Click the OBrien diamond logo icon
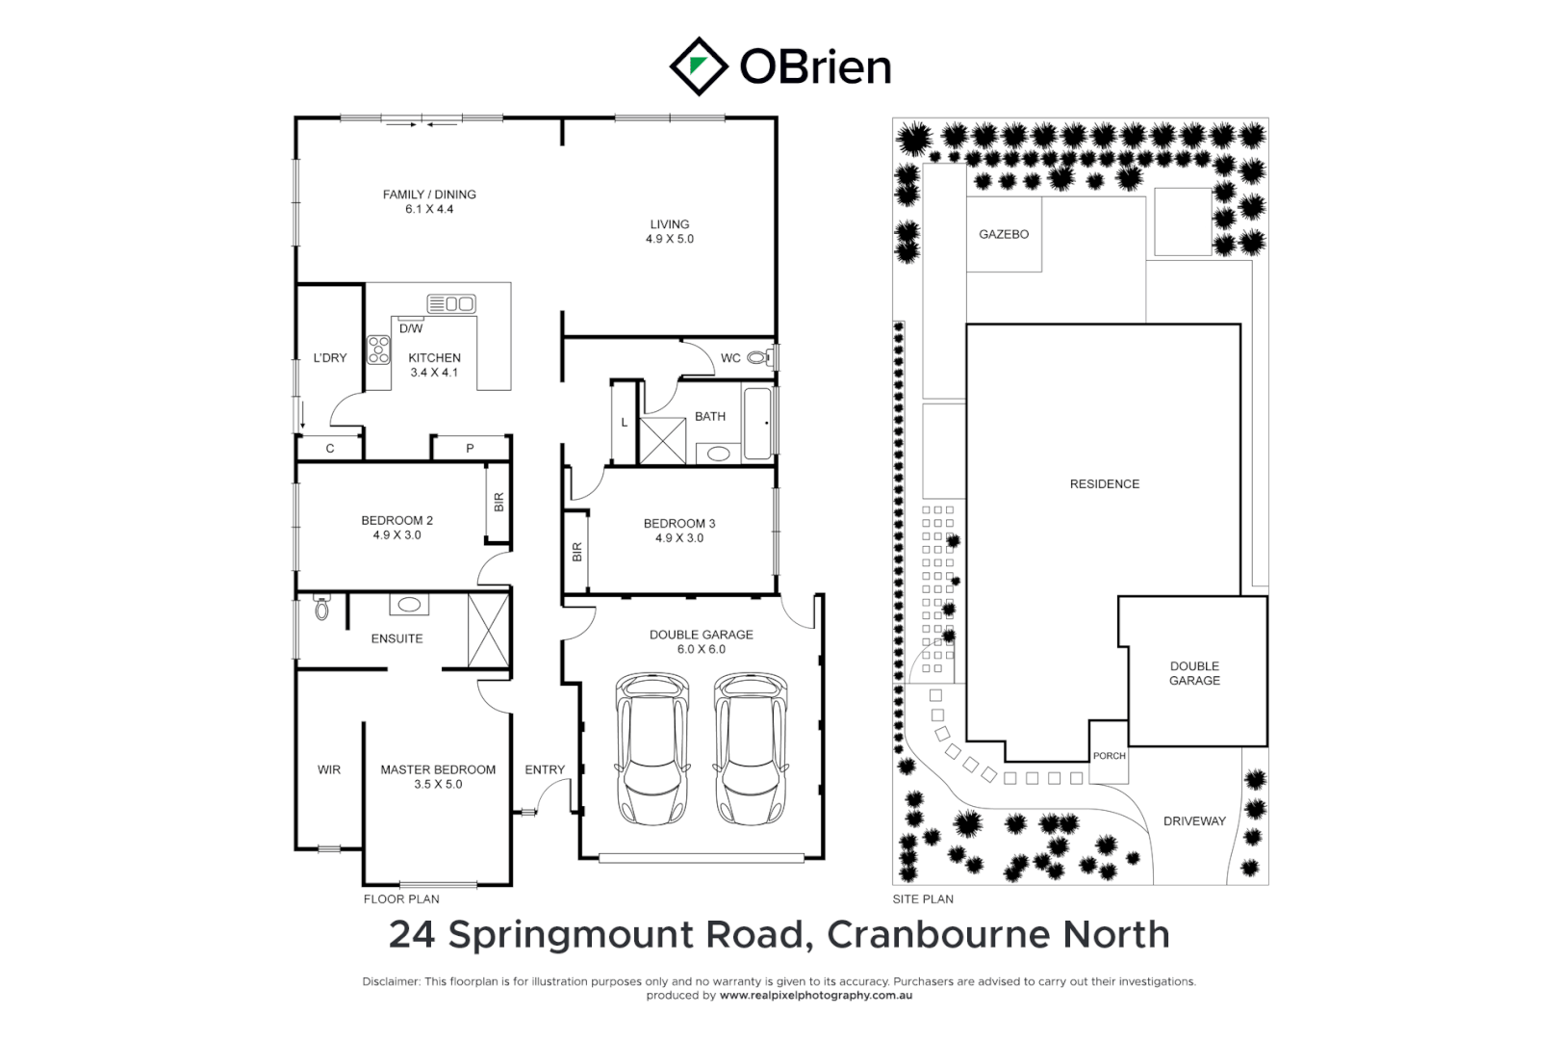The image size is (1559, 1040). [x=698, y=66]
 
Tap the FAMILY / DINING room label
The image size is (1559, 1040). [x=429, y=195]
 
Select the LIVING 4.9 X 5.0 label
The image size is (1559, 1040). [x=669, y=231]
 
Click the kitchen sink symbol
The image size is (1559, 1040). [x=451, y=304]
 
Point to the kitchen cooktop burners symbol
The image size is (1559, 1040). [x=378, y=350]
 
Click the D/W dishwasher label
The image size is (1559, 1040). [x=411, y=328]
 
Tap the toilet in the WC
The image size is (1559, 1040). [x=760, y=358]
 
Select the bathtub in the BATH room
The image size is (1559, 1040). [x=759, y=423]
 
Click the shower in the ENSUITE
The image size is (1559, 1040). [x=487, y=631]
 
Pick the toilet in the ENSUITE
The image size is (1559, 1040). [x=321, y=608]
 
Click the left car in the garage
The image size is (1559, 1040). [x=652, y=748]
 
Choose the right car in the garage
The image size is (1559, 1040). [x=750, y=748]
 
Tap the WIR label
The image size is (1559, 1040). [x=329, y=769]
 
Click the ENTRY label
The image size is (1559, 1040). [x=545, y=769]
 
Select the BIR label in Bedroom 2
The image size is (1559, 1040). [x=498, y=502]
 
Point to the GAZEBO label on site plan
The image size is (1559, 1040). [x=1004, y=234]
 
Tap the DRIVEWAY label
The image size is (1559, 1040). [x=1194, y=821]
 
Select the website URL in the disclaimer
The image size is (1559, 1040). [x=815, y=996]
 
